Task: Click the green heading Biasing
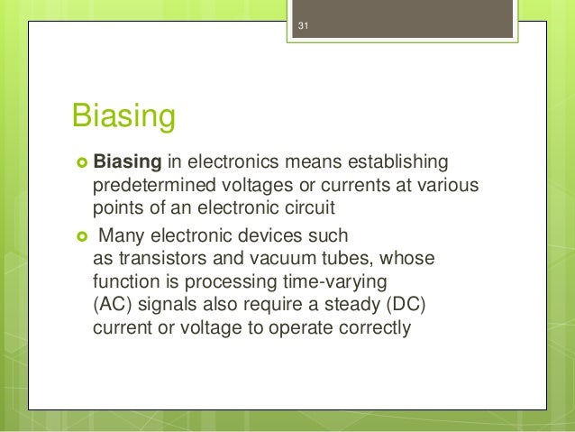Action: click(122, 117)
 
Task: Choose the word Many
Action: click(120, 236)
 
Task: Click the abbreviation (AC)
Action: click(114, 304)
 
